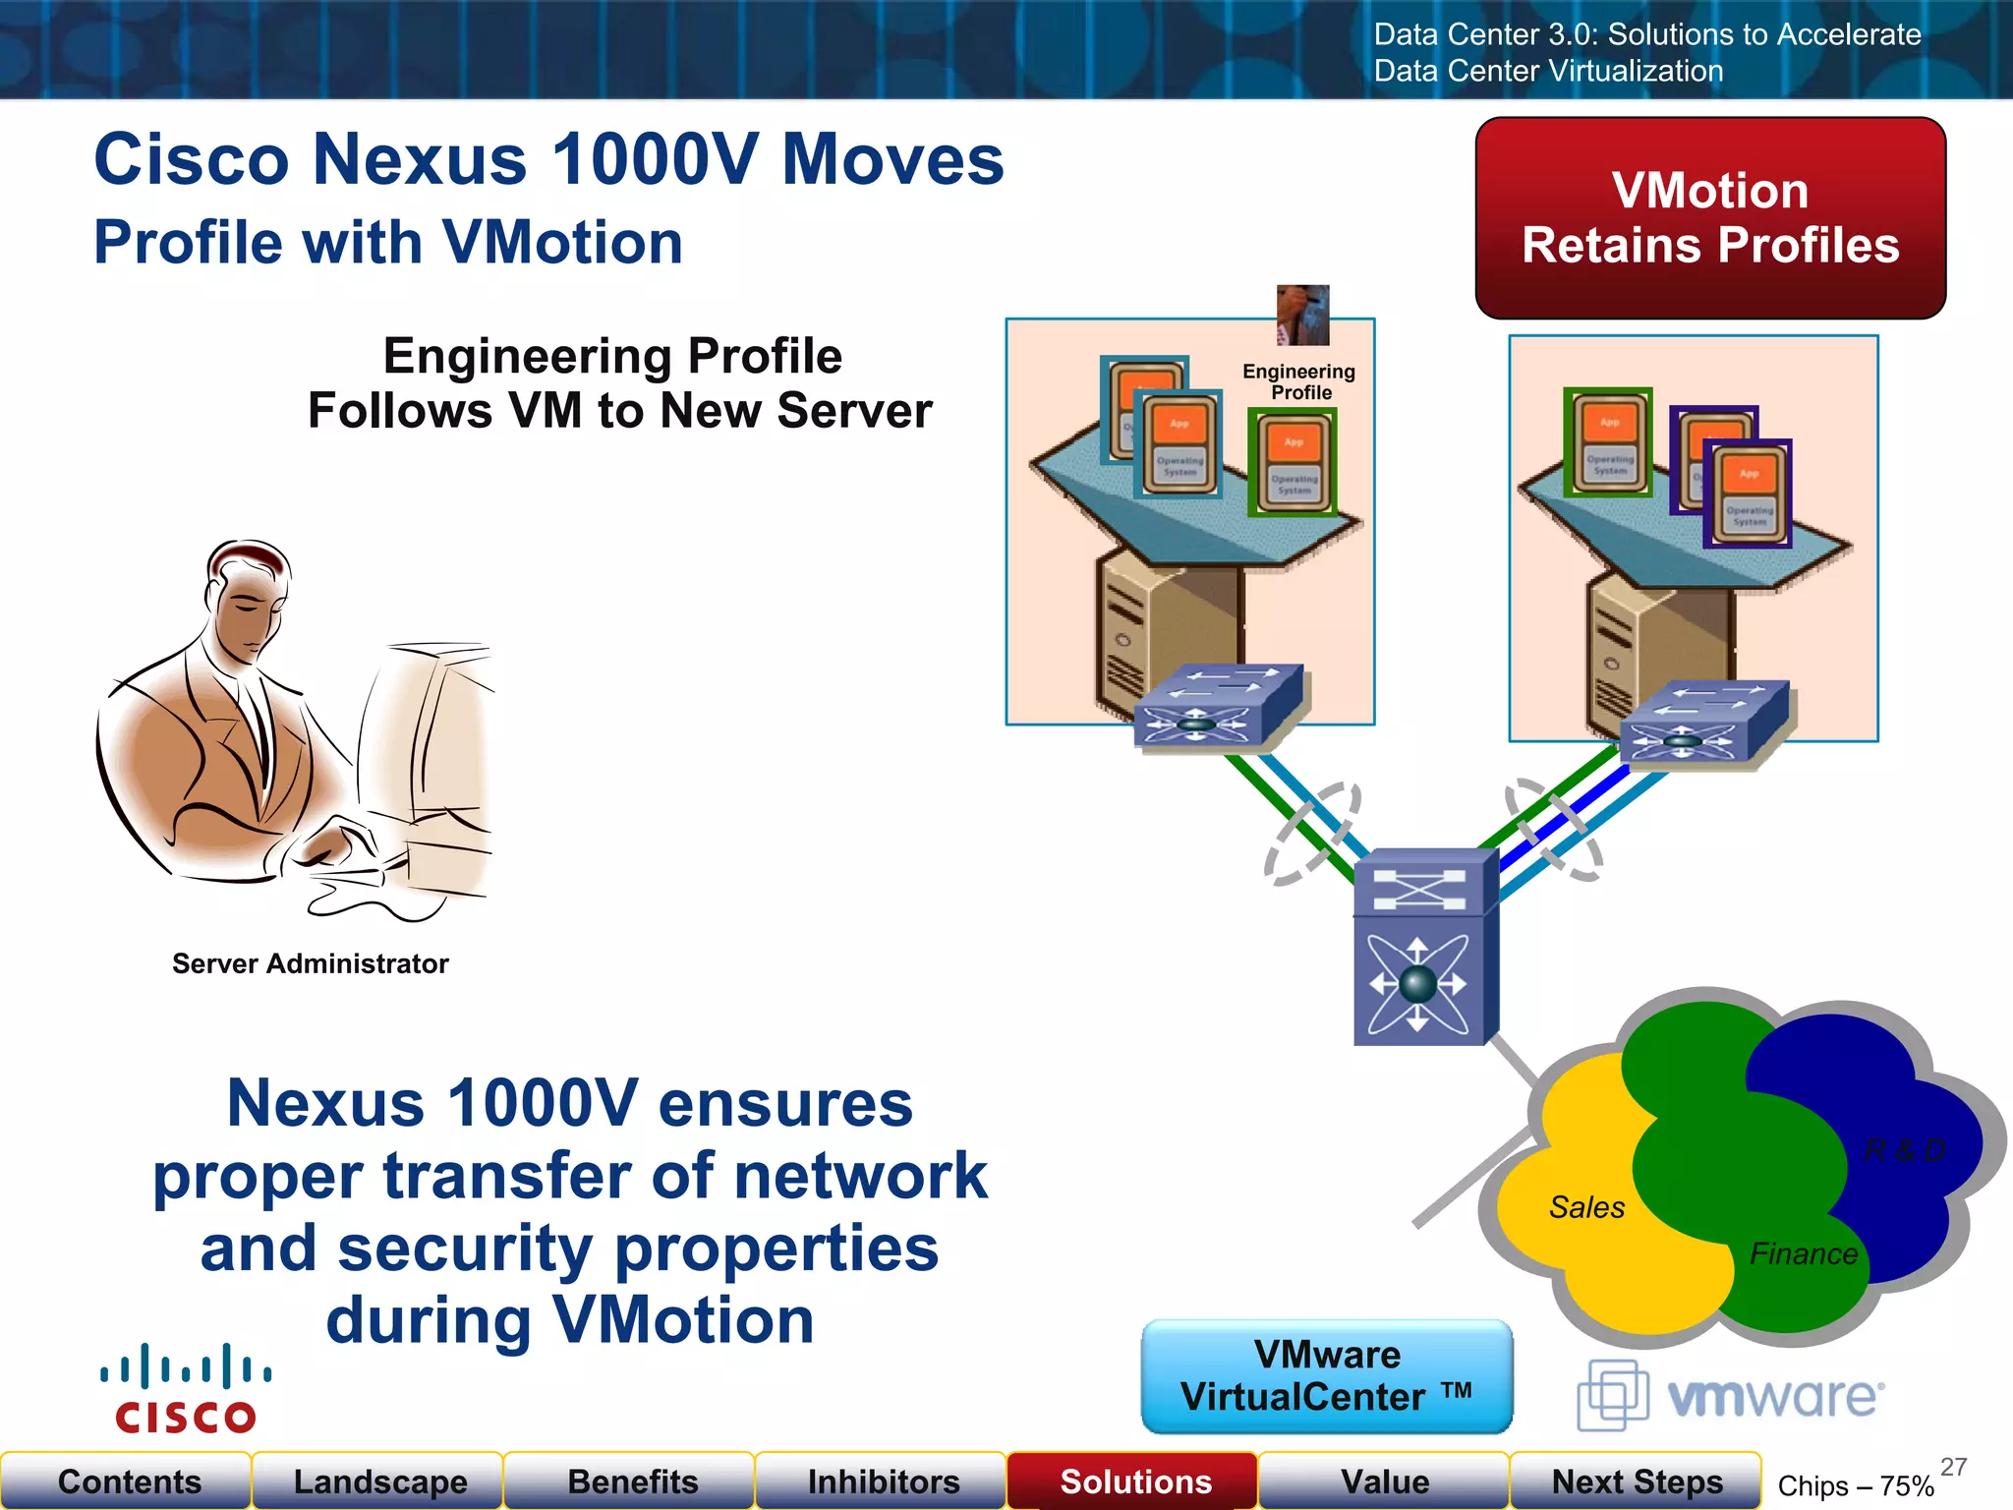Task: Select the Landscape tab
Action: (379, 1481)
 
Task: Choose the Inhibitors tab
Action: (883, 1481)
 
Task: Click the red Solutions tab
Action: (1134, 1481)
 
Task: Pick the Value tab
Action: (1384, 1481)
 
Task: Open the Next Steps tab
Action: (1636, 1481)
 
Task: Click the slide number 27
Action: (1953, 1467)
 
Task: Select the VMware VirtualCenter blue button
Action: (1327, 1376)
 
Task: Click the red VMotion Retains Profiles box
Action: (1710, 218)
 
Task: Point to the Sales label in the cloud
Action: (1586, 1207)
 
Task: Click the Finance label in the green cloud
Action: (1804, 1254)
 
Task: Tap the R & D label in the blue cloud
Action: (1905, 1150)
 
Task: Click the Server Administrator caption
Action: (310, 963)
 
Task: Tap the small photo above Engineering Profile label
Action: (1302, 315)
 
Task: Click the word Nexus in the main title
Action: (420, 159)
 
